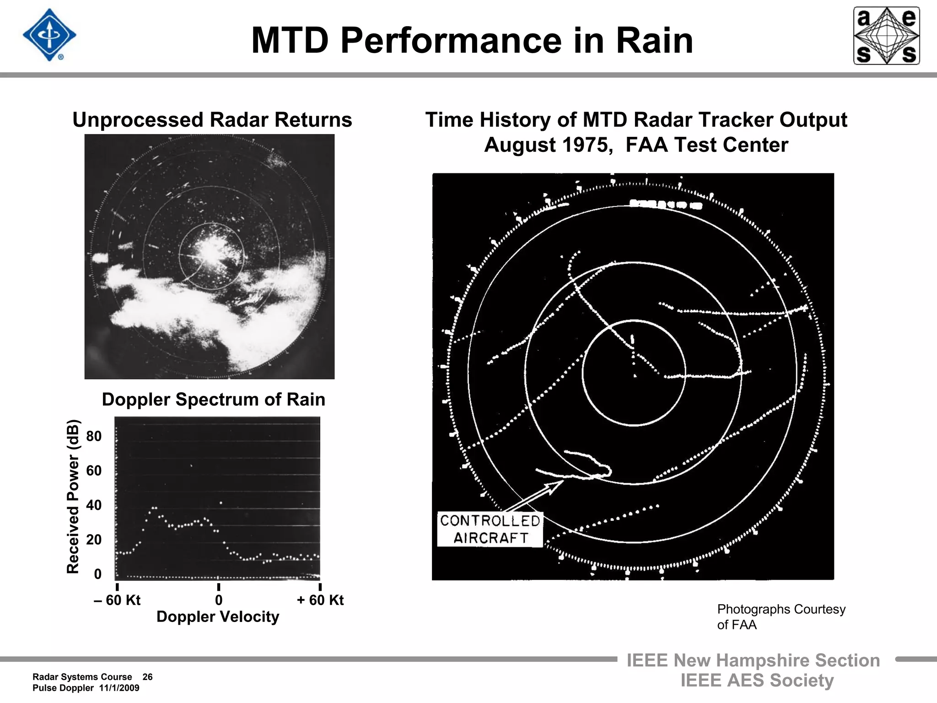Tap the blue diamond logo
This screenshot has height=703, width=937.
(49, 35)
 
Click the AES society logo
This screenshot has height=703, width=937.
(886, 36)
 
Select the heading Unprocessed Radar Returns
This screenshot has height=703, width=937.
(212, 120)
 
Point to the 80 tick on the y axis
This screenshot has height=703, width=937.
(94, 436)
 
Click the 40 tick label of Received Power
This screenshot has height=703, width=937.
(94, 505)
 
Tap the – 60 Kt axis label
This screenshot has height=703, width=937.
(117, 600)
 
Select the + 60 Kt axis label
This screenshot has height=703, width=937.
(320, 600)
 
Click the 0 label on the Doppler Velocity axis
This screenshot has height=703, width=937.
(219, 600)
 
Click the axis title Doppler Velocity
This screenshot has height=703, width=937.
(218, 617)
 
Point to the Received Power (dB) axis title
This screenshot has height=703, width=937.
(73, 497)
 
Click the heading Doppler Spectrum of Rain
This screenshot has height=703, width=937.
(213, 400)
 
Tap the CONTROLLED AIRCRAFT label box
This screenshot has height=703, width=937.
(490, 530)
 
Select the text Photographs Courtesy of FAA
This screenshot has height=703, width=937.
(781, 617)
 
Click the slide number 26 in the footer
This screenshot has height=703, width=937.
(147, 677)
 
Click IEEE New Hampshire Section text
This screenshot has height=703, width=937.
(753, 660)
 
